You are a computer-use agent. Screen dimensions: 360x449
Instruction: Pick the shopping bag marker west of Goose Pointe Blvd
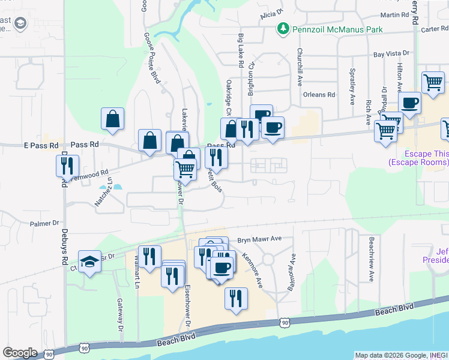[x=112, y=119]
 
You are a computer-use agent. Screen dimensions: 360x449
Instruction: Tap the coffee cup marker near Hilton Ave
[x=409, y=103]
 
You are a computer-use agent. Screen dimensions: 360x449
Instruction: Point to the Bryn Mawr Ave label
[x=259, y=238]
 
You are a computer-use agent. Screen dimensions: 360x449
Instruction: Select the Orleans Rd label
[x=318, y=95]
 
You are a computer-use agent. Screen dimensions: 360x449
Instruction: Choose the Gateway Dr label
[x=120, y=316]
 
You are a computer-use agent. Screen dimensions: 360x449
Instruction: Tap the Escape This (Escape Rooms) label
[x=418, y=158]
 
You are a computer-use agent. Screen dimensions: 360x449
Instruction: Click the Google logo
[x=20, y=353]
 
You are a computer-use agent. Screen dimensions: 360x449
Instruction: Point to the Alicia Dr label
[x=271, y=13]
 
